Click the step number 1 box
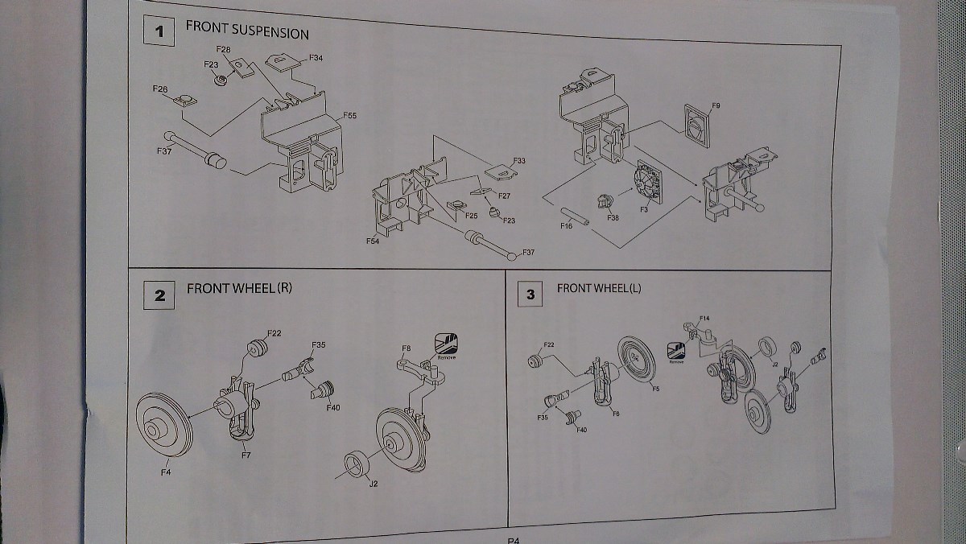point(159,32)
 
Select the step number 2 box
point(160,295)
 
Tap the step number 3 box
point(530,295)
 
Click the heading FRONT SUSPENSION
point(247,32)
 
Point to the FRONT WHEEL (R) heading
point(239,288)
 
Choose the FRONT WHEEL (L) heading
point(598,288)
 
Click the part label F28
point(223,50)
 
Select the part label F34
point(316,59)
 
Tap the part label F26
point(159,88)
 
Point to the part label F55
point(349,116)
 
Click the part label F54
point(373,241)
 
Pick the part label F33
point(518,161)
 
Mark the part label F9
point(716,106)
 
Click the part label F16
point(566,227)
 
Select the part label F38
point(613,218)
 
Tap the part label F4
point(165,472)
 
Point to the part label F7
point(246,456)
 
